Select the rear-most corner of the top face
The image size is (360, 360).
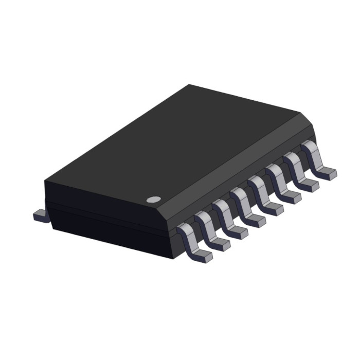[x=189, y=85]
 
